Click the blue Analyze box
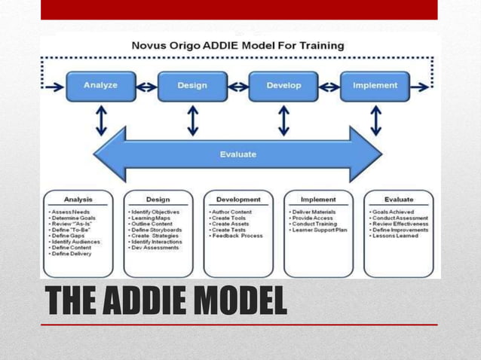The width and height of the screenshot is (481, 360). pyautogui.click(x=100, y=86)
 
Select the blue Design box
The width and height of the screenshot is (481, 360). pyautogui.click(x=192, y=86)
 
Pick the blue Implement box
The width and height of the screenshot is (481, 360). pyautogui.click(x=375, y=86)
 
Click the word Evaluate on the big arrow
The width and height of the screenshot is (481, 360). pyautogui.click(x=237, y=154)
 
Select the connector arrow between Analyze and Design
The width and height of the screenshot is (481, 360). pyautogui.click(x=146, y=87)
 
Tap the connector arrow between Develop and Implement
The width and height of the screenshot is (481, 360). pyautogui.click(x=329, y=87)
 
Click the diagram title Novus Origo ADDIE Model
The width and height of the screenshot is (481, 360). pyautogui.click(x=237, y=45)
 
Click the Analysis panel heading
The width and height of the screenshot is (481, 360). pyautogui.click(x=78, y=200)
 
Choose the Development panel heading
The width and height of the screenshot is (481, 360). pyautogui.click(x=238, y=200)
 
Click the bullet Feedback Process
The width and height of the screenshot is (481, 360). pyautogui.click(x=237, y=236)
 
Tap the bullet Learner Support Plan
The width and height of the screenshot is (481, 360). pyautogui.click(x=319, y=230)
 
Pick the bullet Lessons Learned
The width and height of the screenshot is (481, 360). pyautogui.click(x=395, y=236)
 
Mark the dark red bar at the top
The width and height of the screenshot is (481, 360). pyautogui.click(x=238, y=10)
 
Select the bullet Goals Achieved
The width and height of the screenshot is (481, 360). pyautogui.click(x=394, y=212)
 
